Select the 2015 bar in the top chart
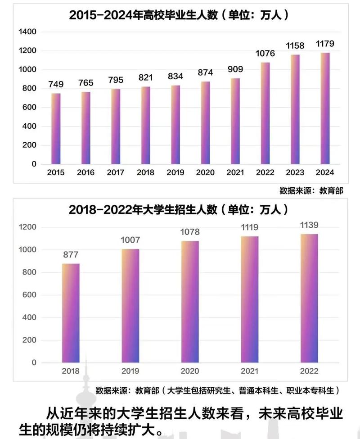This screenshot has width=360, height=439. [56, 128]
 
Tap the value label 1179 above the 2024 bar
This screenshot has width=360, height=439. [325, 44]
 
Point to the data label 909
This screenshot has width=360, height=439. [235, 69]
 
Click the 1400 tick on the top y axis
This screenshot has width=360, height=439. [27, 32]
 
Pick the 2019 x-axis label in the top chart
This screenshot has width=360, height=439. [175, 172]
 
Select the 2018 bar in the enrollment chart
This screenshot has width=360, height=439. [71, 313]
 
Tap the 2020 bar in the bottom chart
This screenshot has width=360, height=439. [190, 302]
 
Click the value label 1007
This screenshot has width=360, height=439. [130, 240]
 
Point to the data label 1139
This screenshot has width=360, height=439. [309, 225]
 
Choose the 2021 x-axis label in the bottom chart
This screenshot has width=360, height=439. [250, 371]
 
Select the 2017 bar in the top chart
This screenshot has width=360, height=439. [116, 126]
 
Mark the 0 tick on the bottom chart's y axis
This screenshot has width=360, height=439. [33, 363]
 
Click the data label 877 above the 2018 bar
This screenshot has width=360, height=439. [71, 254]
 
